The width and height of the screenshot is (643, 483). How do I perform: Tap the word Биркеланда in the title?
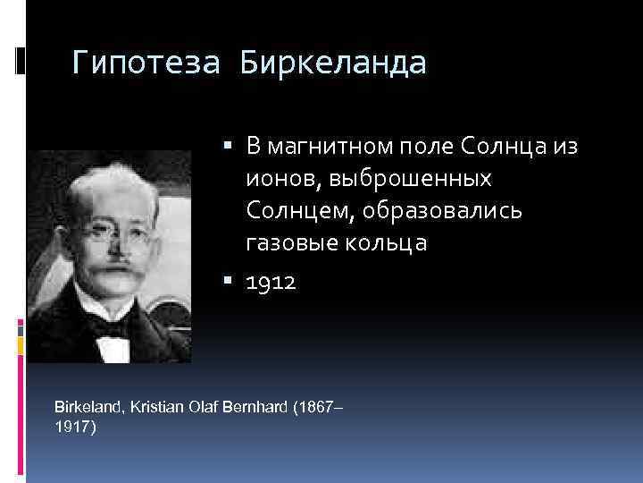[x=333, y=64]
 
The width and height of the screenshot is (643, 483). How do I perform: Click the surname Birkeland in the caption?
[x=89, y=407]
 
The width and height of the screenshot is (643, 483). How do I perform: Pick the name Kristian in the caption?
[x=157, y=407]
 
